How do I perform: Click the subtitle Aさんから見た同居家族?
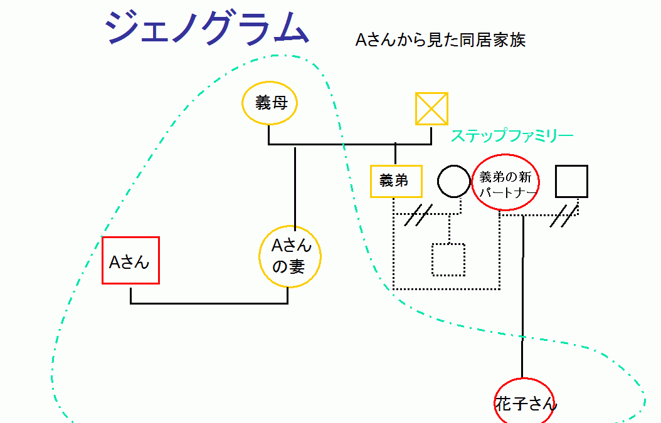[x=440, y=41]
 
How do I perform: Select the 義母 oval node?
[x=270, y=103]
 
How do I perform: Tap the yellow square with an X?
[x=431, y=108]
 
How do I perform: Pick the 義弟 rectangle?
[x=396, y=181]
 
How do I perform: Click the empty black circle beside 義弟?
[x=453, y=181]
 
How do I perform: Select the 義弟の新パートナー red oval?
[x=506, y=182]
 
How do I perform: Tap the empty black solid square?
[x=571, y=181]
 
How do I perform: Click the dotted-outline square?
[x=448, y=259]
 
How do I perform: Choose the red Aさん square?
[x=130, y=261]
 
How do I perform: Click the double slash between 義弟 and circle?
[x=418, y=215]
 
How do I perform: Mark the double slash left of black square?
[x=564, y=215]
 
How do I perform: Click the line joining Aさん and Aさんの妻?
[x=209, y=303]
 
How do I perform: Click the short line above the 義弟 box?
[x=395, y=154]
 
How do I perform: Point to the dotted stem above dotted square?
[x=448, y=229]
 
